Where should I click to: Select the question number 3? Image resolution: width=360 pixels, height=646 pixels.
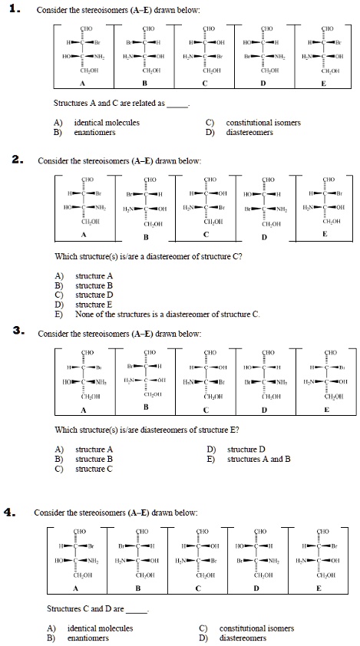click(17, 332)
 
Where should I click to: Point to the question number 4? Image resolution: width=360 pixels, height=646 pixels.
click(17, 509)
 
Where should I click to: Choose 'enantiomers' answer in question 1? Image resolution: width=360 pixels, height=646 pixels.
click(94, 132)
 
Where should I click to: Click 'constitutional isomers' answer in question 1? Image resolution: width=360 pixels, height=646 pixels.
click(263, 122)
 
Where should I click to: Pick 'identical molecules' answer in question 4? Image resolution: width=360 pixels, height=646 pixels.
click(100, 628)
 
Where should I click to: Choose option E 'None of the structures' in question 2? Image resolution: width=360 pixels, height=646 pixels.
click(168, 315)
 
